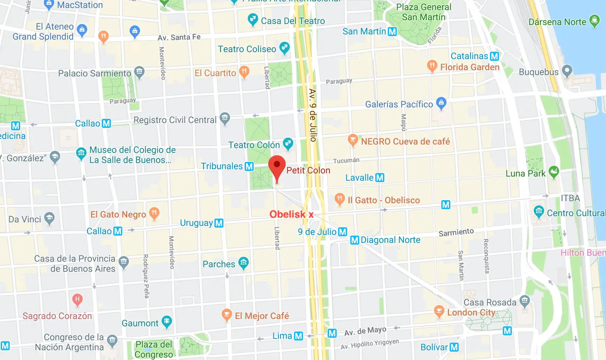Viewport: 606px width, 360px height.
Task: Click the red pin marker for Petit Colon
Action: pos(277,166)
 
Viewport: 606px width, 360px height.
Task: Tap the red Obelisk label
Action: pos(287,214)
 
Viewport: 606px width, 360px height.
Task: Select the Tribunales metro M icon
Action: pos(249,166)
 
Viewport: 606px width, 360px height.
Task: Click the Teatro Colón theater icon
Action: pos(288,143)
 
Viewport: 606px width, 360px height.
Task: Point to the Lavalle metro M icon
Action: pos(380,178)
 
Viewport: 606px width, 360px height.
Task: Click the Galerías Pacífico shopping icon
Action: pos(441,103)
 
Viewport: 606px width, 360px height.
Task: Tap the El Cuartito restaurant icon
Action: pos(245,72)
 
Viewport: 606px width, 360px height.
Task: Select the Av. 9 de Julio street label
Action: pos(313,115)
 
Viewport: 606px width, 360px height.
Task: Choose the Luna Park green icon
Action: pos(554,172)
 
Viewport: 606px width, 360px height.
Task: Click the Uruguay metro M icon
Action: pos(219,223)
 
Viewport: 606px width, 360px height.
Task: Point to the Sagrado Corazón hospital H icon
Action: pos(77,299)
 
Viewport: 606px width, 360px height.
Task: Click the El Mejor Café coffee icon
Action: pos(227,314)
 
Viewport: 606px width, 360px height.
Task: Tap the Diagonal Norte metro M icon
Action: pos(355,240)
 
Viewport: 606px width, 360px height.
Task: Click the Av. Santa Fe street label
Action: pos(179,37)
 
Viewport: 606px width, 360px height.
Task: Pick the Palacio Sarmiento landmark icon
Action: pos(139,72)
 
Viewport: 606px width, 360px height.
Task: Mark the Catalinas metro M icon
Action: pos(494,56)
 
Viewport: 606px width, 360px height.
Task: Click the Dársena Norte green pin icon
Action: pos(595,20)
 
